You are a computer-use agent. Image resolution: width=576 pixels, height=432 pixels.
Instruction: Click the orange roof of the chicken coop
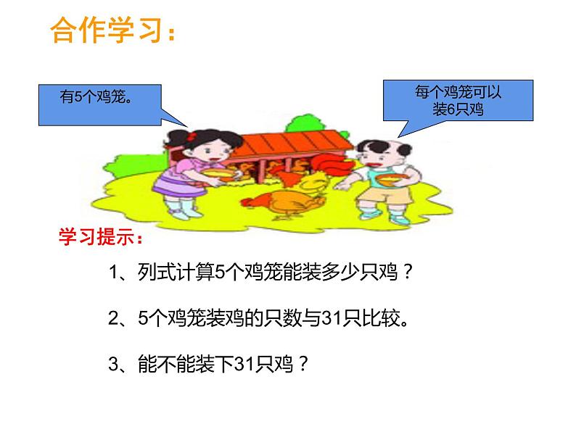(290, 145)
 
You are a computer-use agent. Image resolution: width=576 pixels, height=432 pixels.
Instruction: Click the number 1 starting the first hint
(112, 273)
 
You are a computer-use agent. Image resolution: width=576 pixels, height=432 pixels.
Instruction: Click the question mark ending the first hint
(408, 273)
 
